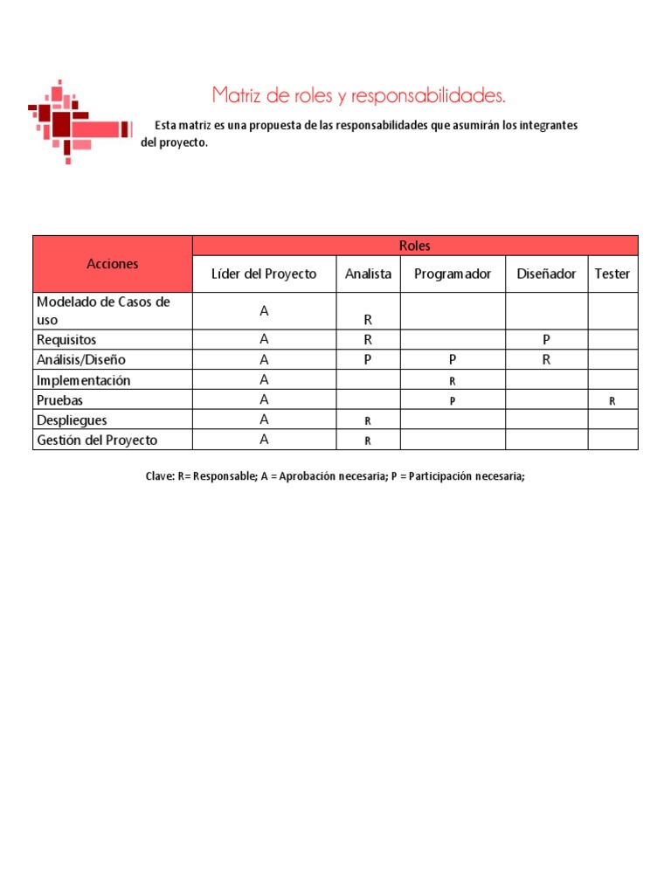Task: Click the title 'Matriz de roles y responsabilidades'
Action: click(x=358, y=94)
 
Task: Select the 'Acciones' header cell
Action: click(x=112, y=263)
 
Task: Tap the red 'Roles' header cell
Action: click(x=414, y=246)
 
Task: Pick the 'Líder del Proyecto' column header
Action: click(x=264, y=274)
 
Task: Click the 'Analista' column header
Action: click(x=368, y=274)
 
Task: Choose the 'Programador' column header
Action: click(x=453, y=274)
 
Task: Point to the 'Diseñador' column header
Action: click(x=546, y=274)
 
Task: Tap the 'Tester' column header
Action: click(x=612, y=274)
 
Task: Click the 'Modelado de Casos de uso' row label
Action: click(x=103, y=310)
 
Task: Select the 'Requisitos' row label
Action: click(x=66, y=339)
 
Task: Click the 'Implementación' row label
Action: click(x=83, y=380)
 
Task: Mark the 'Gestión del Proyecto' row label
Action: click(x=97, y=440)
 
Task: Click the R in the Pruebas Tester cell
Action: click(x=612, y=401)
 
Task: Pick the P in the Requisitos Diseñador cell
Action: click(x=546, y=340)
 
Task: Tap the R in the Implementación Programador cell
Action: click(x=453, y=381)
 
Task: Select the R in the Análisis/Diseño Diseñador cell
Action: click(x=546, y=359)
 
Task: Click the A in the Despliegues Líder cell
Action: click(x=264, y=420)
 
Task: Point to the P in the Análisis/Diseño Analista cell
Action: click(x=368, y=359)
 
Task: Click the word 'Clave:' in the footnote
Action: click(x=160, y=477)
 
